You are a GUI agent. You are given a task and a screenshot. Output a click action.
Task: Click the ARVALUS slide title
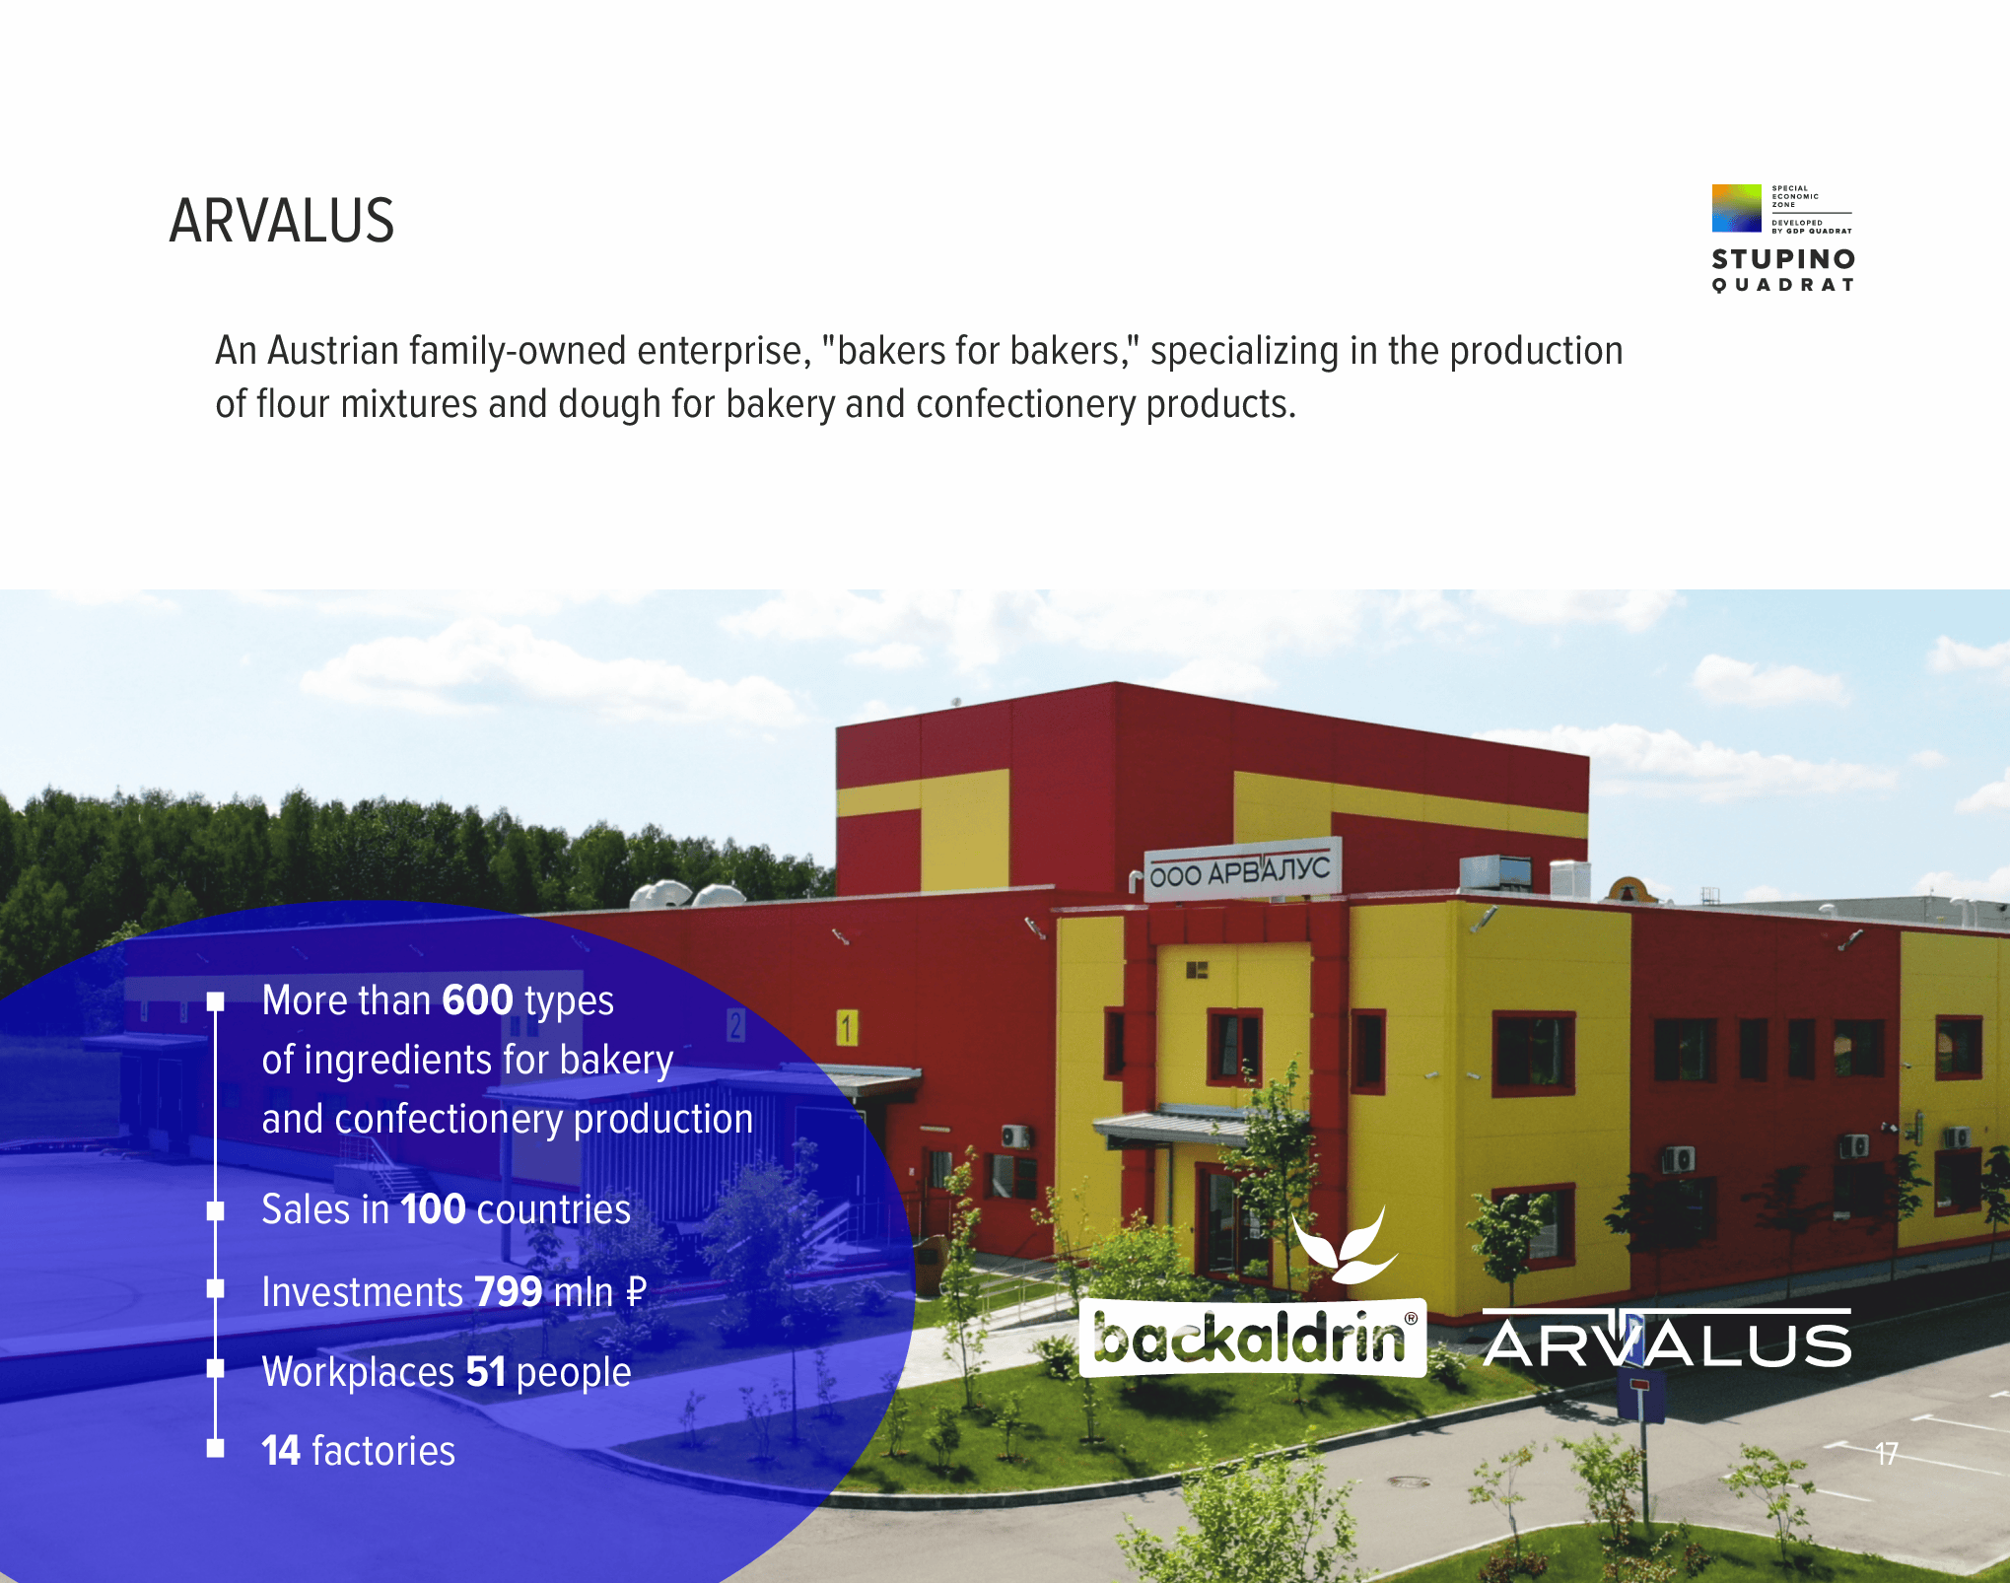[x=282, y=221]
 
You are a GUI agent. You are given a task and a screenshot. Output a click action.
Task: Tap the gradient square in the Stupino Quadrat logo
[x=1736, y=208]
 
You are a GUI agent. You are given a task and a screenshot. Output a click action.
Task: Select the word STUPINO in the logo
[x=1783, y=259]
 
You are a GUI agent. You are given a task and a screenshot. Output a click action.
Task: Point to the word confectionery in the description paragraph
[x=1025, y=404]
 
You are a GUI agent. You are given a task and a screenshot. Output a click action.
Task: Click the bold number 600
[x=478, y=1000]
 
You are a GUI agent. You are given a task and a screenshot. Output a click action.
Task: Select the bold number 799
[x=509, y=1291]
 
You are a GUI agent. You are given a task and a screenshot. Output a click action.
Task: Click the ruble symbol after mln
[x=636, y=1291]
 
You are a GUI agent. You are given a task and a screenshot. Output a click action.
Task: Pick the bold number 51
[x=486, y=1371]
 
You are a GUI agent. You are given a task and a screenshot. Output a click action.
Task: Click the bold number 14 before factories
[x=281, y=1451]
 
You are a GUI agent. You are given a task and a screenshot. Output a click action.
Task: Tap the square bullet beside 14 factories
[x=216, y=1448]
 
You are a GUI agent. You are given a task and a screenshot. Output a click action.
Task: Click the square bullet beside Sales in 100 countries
[x=216, y=1210]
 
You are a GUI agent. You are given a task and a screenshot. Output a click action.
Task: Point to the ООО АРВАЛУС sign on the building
[x=1241, y=870]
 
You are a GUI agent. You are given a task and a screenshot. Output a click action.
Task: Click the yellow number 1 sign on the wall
[x=847, y=1028]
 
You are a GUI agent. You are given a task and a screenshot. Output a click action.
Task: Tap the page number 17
[x=1886, y=1454]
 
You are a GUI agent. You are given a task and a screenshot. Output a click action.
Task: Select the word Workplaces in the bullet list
[x=358, y=1372]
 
